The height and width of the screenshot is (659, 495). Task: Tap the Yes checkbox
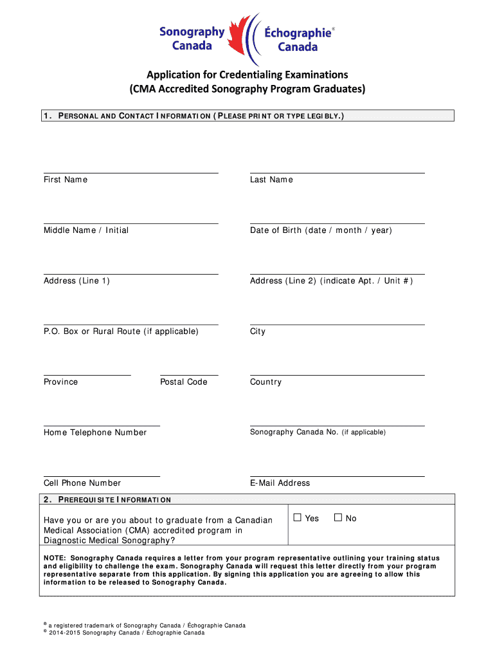pos(298,518)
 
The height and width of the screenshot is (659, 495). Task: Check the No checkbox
pos(338,518)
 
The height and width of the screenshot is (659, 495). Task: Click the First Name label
pos(66,180)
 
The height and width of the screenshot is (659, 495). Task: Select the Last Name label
pos(271,180)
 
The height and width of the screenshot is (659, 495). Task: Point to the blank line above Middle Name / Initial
pos(130,223)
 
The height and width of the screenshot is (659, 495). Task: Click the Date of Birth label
pos(321,230)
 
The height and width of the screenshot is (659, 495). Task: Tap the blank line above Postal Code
pos(189,375)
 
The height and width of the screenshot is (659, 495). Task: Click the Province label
pos(61,382)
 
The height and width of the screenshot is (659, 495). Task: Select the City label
pos(258,332)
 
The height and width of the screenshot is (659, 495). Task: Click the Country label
pos(265,382)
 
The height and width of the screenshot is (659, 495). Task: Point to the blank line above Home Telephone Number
pos(102,425)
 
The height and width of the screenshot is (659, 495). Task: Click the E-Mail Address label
pos(280,483)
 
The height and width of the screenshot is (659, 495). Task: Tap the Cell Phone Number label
pos(82,483)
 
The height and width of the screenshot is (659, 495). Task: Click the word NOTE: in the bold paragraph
pos(55,558)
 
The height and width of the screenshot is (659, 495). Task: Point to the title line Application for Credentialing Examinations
pos(247,74)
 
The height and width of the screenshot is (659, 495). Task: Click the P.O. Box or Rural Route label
pos(121,332)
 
